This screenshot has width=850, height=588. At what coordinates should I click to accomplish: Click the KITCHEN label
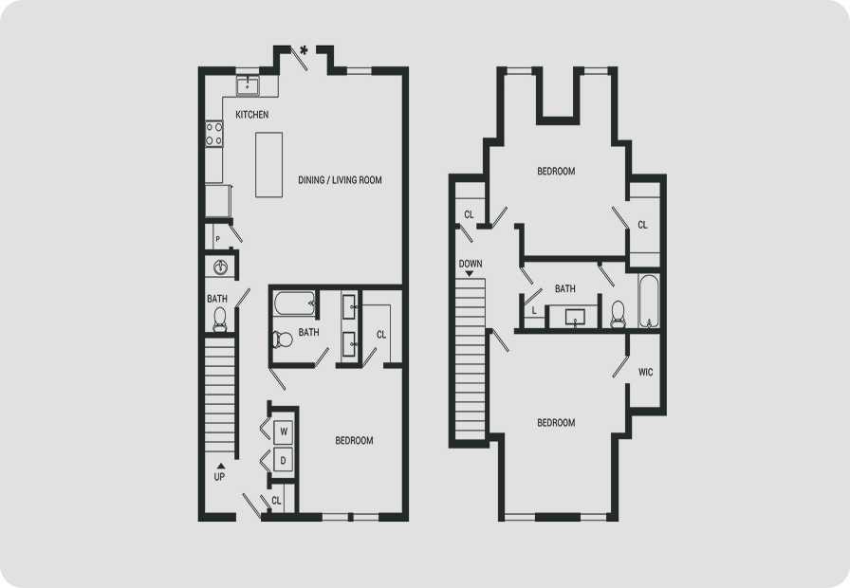point(252,115)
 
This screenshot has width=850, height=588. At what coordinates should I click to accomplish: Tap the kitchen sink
point(248,85)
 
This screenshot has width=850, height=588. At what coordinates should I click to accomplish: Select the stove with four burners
point(214,134)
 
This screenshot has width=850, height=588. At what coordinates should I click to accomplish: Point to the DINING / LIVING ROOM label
point(340,180)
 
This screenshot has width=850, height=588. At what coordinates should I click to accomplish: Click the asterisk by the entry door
point(305,50)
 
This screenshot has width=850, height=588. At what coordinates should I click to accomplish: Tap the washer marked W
point(284,432)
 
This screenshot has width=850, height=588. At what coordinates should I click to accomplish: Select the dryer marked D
point(283,461)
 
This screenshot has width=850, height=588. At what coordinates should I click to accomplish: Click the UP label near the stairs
point(219,477)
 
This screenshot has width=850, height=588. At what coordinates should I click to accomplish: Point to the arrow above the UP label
point(221,466)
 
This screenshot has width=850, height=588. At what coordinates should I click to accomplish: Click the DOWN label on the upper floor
point(471,264)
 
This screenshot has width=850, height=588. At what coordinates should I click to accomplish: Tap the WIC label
point(646,373)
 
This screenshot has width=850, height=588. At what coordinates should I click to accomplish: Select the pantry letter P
point(218,239)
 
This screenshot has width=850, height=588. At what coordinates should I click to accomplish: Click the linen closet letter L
point(534,311)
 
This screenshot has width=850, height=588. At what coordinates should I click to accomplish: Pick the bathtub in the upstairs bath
point(649,302)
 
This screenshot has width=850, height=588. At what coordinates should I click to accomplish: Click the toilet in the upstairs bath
point(618,314)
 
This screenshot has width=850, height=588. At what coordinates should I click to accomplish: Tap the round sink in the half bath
point(221,267)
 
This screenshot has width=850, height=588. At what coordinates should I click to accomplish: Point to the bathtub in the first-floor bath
point(295,303)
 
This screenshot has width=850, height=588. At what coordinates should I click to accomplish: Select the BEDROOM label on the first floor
point(354,441)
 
